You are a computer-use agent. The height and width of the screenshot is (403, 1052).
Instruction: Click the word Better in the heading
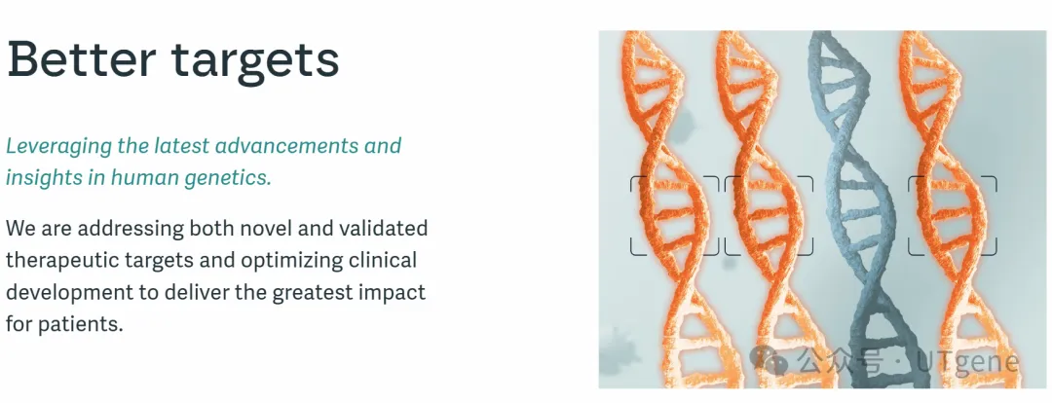[82, 58]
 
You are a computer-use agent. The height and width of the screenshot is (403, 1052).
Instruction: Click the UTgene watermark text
[967, 362]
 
